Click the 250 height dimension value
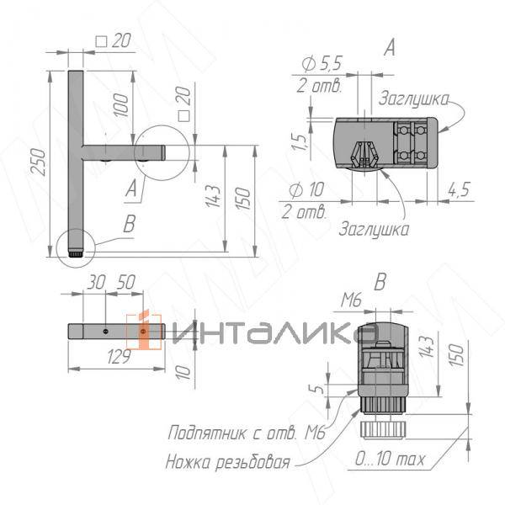pos(39,162)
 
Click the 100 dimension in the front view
pos(121,104)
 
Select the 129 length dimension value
pos(119,357)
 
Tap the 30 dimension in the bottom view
pos(96,283)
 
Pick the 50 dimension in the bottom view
pos(126,282)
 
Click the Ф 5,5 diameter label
pos(322,63)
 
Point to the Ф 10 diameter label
pos(306,189)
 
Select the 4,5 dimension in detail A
pos(459,189)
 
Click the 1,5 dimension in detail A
pos(299,141)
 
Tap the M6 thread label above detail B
pos(352,300)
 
